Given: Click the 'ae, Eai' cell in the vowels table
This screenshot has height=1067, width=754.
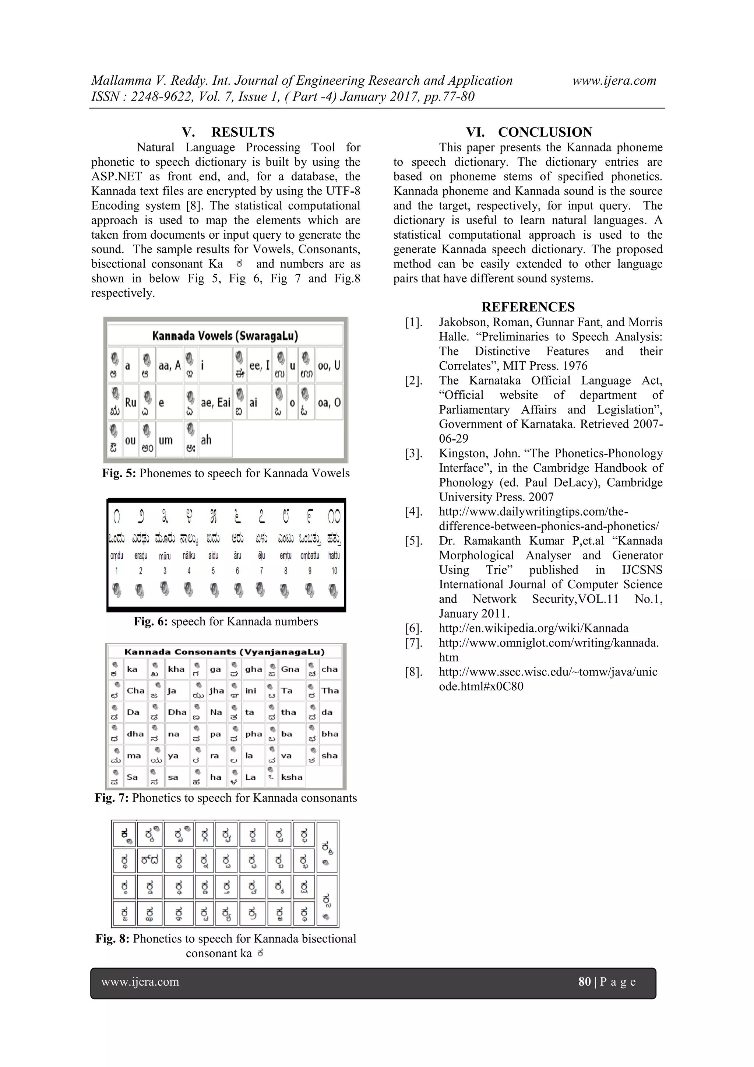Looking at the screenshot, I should tap(215, 403).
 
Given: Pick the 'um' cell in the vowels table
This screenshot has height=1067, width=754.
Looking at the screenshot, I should tap(166, 440).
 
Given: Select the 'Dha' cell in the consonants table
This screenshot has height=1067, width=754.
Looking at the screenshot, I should tap(177, 712).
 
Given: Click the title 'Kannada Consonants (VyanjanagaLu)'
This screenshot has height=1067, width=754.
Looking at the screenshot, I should tap(224, 652).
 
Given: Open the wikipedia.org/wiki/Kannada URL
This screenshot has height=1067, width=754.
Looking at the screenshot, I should tap(533, 628).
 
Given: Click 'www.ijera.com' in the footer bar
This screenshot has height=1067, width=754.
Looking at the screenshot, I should tap(140, 982).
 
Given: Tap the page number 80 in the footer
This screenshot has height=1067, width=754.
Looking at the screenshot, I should tap(584, 982).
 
